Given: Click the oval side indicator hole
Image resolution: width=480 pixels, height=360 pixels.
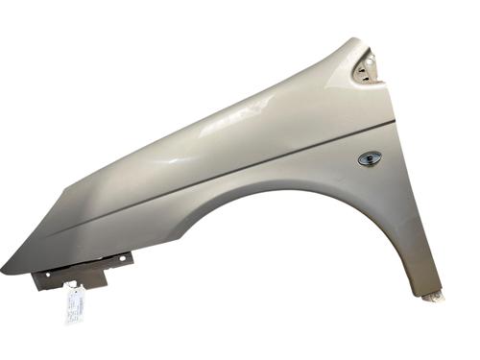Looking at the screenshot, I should (x=369, y=158).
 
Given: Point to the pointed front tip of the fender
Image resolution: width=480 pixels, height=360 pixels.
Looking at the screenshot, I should (x=5, y=272).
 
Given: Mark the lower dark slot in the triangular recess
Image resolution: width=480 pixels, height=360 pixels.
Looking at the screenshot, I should (x=363, y=77).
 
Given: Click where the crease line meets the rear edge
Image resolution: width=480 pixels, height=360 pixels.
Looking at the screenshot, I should (x=394, y=122).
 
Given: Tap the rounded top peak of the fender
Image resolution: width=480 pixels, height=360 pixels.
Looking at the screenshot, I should (x=353, y=42).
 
